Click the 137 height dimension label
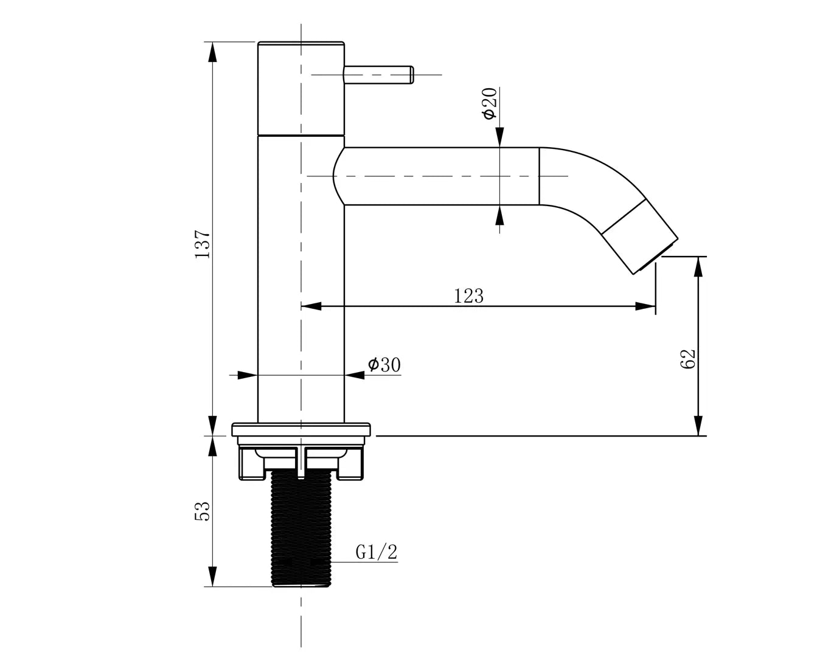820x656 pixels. [203, 244]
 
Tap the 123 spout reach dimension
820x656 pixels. [468, 296]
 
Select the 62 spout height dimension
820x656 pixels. [688, 359]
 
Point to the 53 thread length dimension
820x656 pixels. [203, 511]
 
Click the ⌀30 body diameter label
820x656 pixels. [384, 365]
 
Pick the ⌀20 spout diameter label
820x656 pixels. [490, 103]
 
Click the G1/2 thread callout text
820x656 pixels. [377, 551]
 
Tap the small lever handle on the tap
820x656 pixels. [378, 75]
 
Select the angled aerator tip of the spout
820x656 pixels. [640, 236]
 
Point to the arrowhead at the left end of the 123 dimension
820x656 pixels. [311, 306]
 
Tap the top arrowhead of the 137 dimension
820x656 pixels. [213, 52]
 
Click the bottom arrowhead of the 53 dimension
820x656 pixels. [213, 576]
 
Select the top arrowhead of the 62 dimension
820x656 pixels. [698, 267]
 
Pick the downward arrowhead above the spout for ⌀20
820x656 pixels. [499, 137]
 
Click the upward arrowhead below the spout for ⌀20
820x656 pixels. [499, 215]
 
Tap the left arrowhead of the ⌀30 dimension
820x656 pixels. [248, 375]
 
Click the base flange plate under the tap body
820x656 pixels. [301, 429]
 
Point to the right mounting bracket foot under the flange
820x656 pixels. [351, 464]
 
